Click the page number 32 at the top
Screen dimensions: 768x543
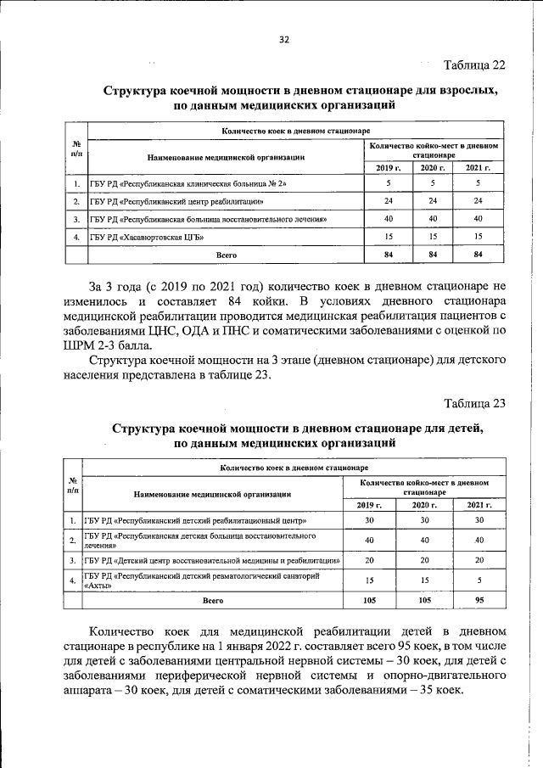click(284, 39)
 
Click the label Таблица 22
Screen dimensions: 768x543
click(474, 65)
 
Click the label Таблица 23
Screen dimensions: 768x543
click(474, 403)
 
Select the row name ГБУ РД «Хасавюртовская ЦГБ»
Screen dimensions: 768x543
click(150, 236)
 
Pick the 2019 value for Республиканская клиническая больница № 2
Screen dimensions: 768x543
click(388, 183)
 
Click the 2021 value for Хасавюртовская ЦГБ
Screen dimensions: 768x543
click(478, 236)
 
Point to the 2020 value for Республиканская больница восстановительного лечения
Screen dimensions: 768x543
click(433, 219)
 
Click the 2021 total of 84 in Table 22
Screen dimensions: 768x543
click(478, 254)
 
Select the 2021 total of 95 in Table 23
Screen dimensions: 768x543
click(479, 599)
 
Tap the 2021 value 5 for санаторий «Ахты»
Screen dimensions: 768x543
click(479, 580)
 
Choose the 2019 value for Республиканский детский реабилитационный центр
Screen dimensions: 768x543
click(369, 520)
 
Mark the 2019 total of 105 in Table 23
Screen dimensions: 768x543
click(369, 599)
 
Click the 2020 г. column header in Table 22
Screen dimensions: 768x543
click(433, 168)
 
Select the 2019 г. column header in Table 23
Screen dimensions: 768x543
click(369, 505)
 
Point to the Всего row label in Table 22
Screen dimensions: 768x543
click(226, 254)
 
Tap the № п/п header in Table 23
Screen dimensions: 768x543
click(72, 486)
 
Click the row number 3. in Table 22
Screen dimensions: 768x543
click(76, 219)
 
